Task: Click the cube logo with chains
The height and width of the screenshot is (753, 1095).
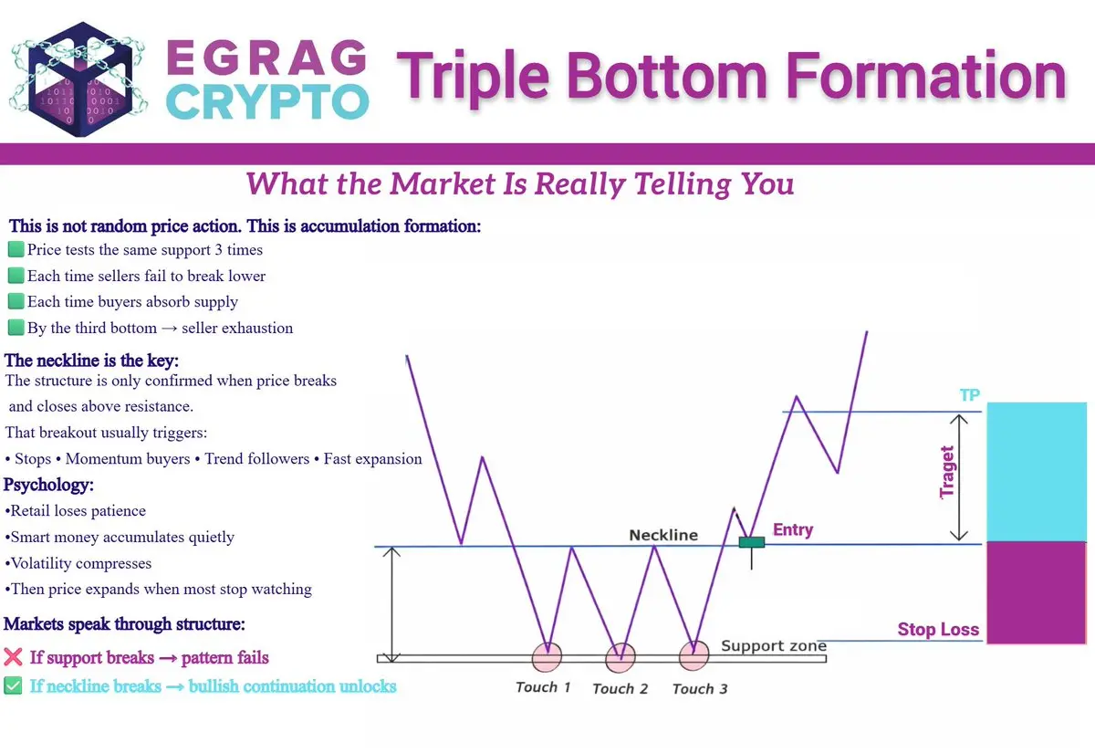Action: tap(78, 79)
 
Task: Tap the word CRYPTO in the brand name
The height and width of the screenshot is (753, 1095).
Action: tap(267, 102)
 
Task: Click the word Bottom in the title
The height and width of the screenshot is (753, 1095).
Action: tap(667, 77)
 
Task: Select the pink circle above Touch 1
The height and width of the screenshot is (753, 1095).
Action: tap(547, 657)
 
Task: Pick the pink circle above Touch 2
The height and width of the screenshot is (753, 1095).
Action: tap(620, 658)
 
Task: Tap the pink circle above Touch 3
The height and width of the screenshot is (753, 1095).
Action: tap(694, 655)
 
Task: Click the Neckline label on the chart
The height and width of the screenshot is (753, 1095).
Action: tap(663, 535)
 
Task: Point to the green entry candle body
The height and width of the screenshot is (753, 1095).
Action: tap(752, 542)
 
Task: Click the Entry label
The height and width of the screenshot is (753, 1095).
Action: tap(793, 529)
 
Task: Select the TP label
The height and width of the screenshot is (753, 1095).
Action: tap(970, 394)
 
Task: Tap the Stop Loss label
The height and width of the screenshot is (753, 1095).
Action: tap(938, 629)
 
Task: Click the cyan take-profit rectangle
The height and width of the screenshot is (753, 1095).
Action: tap(1037, 472)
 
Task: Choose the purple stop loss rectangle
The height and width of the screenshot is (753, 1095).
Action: tap(1037, 592)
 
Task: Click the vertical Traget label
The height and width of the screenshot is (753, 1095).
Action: tap(947, 472)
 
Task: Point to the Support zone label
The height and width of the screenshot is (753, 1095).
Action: tap(774, 645)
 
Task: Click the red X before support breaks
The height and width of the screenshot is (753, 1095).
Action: tap(13, 657)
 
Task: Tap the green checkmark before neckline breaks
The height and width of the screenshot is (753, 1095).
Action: tap(13, 685)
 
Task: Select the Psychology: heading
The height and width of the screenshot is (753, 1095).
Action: tap(48, 485)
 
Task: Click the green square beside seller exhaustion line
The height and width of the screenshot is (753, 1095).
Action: tap(16, 327)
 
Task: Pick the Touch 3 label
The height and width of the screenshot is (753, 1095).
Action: tap(700, 689)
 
